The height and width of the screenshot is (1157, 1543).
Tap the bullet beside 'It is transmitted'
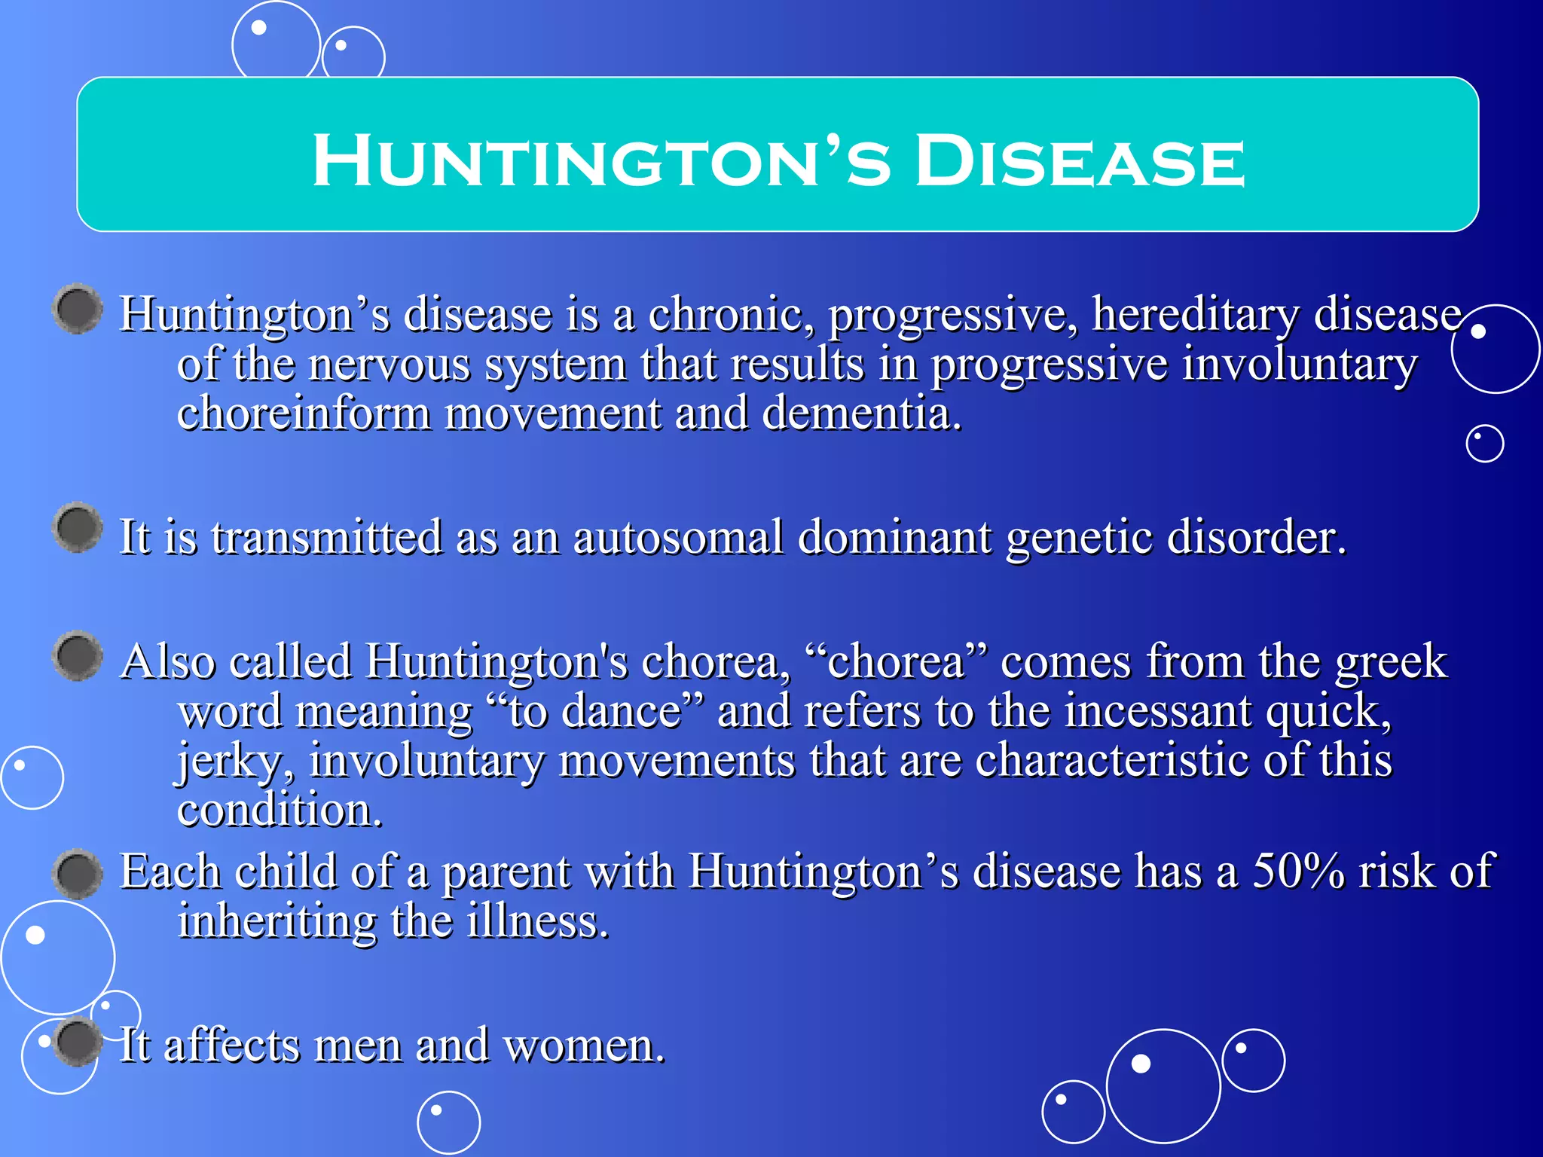pyautogui.click(x=78, y=527)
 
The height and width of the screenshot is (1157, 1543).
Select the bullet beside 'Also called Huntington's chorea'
pyautogui.click(x=78, y=655)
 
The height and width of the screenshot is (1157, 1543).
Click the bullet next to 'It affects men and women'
pyautogui.click(x=78, y=1043)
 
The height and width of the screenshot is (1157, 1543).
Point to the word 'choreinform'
pyautogui.click(x=303, y=414)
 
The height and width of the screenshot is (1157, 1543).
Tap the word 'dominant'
pyautogui.click(x=894, y=538)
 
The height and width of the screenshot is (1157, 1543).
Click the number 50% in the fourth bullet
pyautogui.click(x=1298, y=872)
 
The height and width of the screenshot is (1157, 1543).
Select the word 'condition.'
pyautogui.click(x=280, y=811)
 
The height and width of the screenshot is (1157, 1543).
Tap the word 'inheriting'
pyautogui.click(x=277, y=921)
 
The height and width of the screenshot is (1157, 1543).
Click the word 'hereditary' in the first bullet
pyautogui.click(x=1196, y=314)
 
